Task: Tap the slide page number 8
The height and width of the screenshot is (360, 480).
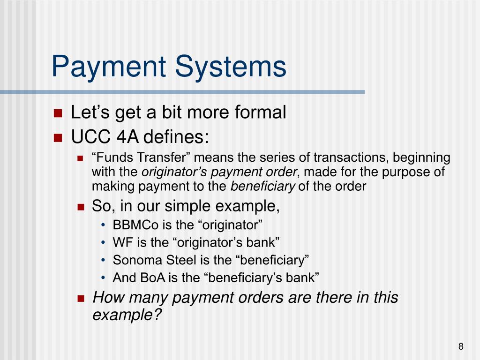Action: pos(461,346)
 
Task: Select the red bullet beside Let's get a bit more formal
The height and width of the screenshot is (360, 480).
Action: pos(58,113)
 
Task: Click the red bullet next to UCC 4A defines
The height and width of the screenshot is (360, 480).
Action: pos(58,138)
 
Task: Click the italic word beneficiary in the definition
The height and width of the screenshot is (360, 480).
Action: pos(262,187)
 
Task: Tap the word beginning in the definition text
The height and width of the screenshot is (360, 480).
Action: pos(421,158)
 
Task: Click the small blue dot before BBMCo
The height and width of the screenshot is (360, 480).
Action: pos(103,225)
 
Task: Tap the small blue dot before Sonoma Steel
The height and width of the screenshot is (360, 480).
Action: pos(103,261)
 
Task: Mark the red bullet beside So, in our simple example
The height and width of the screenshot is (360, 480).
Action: pos(81,207)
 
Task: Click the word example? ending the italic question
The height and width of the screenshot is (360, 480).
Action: pos(127,315)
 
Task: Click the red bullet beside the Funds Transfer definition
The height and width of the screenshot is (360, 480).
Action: pos(80,158)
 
